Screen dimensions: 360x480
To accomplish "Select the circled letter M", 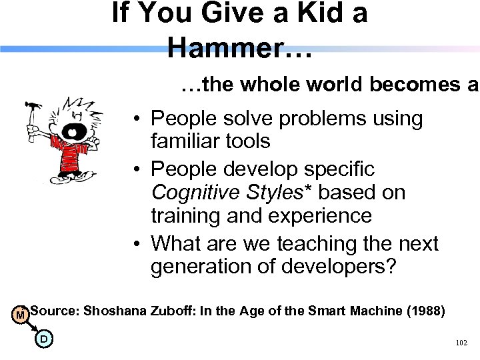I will (21, 313).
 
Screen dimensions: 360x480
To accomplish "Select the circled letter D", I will (43, 339).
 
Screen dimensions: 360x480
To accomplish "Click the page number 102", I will (461, 343).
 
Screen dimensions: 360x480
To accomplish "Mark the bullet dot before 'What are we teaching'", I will (135, 244).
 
